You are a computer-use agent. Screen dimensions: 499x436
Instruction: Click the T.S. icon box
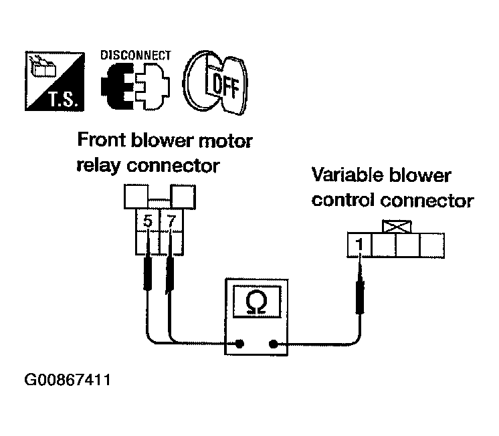click(x=55, y=81)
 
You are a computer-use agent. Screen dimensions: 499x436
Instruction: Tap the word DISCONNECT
click(x=136, y=56)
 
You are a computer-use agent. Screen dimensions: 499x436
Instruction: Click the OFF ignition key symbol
click(x=215, y=82)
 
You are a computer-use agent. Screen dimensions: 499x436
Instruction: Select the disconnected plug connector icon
click(x=135, y=86)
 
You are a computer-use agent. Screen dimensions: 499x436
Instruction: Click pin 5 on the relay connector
click(x=147, y=221)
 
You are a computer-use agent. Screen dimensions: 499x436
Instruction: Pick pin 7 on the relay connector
click(x=171, y=221)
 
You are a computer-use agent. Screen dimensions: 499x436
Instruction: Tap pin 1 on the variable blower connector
click(x=359, y=245)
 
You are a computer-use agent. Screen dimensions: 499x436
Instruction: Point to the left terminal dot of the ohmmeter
click(x=239, y=344)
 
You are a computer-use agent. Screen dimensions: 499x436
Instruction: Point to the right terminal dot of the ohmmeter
click(x=273, y=344)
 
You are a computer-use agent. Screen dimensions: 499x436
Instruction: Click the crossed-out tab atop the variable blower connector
click(x=397, y=227)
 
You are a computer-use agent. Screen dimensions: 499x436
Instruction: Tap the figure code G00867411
click(x=68, y=380)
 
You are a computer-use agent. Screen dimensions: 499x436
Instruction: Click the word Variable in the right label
click(x=348, y=175)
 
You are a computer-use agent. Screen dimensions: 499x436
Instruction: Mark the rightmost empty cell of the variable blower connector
click(x=432, y=245)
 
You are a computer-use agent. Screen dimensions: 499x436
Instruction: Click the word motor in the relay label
click(x=225, y=141)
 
